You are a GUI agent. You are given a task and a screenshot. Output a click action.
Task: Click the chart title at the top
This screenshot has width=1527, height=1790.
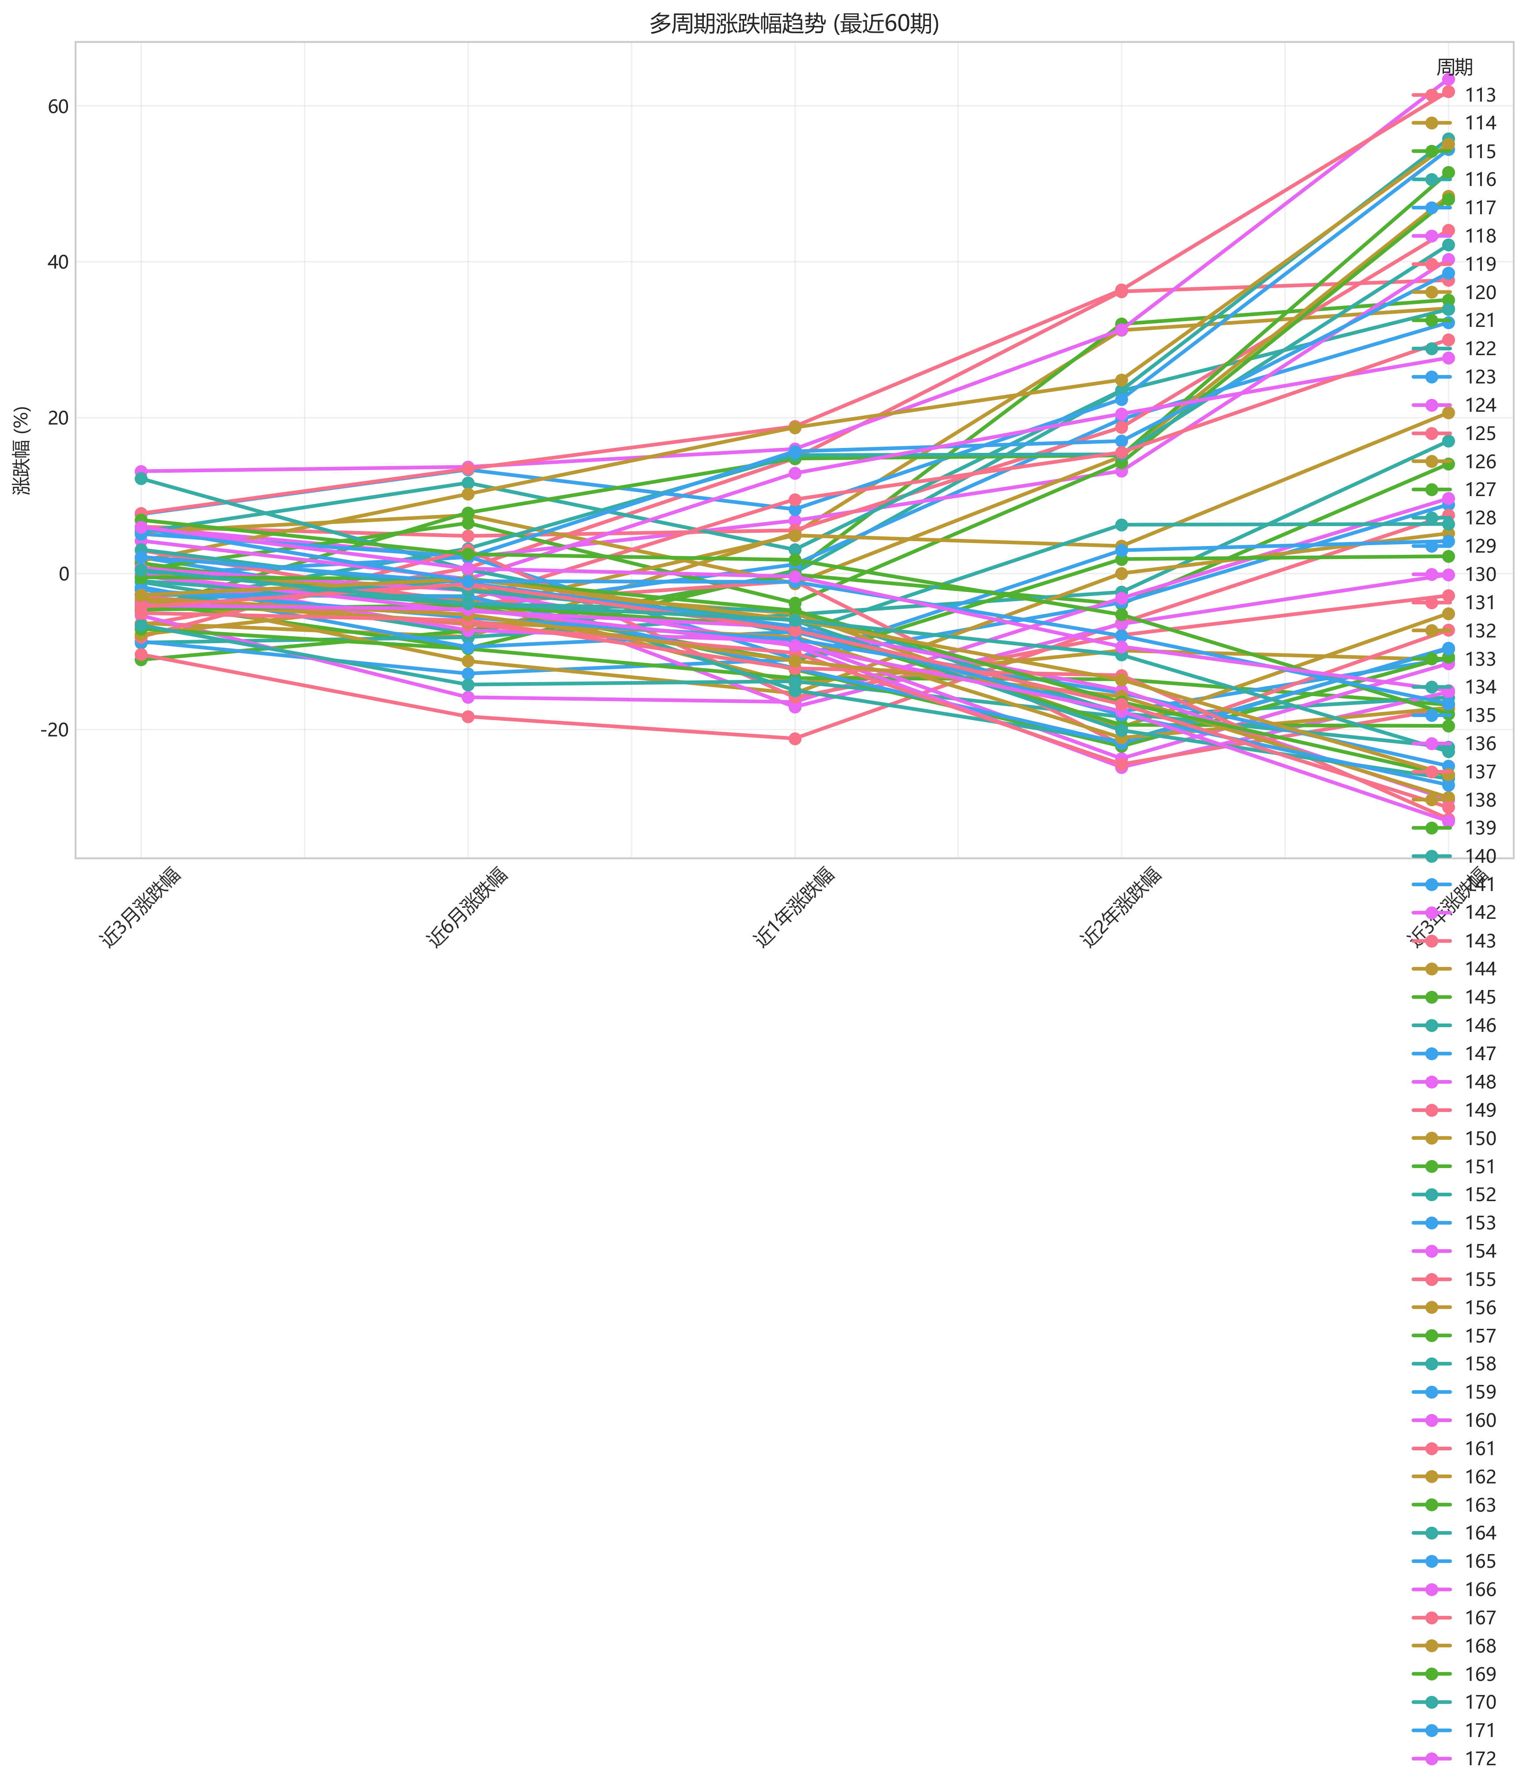tap(793, 23)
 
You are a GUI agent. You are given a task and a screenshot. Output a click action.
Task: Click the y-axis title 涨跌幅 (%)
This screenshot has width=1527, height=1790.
tap(22, 450)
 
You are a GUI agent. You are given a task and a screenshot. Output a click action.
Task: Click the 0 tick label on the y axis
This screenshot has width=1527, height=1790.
tap(63, 574)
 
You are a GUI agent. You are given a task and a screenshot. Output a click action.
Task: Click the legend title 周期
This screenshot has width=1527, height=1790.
tap(1455, 68)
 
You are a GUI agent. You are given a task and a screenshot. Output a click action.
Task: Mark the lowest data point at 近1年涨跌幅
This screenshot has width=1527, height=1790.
tap(795, 739)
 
